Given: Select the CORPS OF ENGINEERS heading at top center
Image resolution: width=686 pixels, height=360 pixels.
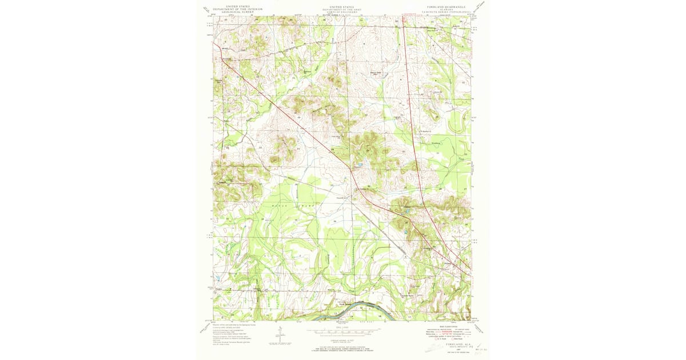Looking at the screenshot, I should click(x=342, y=13).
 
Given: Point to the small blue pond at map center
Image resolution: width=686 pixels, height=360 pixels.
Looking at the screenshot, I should click(x=360, y=166).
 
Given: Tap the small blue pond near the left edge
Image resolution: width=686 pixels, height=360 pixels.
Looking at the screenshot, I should click(x=218, y=279).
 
